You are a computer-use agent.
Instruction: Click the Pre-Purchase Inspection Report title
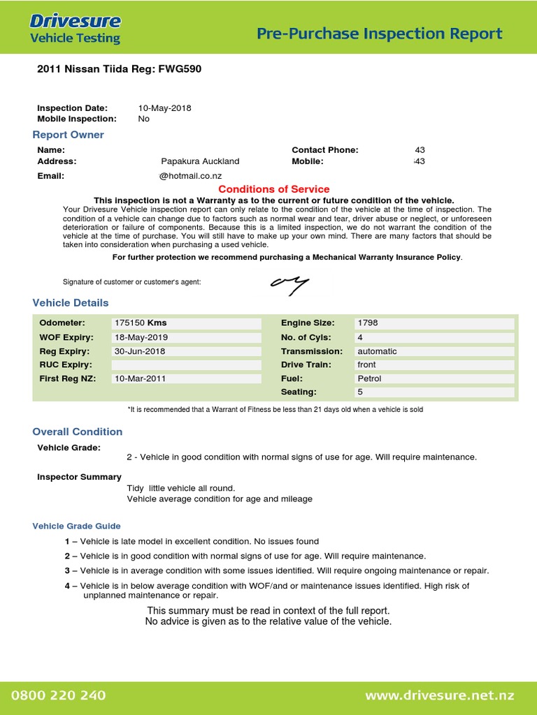tap(380, 34)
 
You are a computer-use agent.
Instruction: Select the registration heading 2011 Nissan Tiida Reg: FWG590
tap(120, 70)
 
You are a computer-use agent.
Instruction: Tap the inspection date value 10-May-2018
tap(164, 108)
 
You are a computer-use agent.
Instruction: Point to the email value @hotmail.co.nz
tap(190, 176)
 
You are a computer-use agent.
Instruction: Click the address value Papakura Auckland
tap(200, 161)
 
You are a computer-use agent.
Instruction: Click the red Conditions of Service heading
tap(273, 189)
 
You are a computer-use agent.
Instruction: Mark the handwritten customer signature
tap(289, 283)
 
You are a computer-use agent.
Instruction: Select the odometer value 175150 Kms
tap(140, 323)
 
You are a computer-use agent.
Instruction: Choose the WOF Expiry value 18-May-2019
tap(141, 337)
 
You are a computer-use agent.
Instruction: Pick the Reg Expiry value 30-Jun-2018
tap(140, 351)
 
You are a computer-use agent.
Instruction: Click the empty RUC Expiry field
tap(186, 364)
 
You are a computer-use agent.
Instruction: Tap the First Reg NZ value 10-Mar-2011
tap(141, 378)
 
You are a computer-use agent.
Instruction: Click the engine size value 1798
tap(367, 323)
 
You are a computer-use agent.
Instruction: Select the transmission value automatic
tap(377, 351)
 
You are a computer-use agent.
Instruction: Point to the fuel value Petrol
tap(369, 378)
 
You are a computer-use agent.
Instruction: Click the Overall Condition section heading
tap(78, 432)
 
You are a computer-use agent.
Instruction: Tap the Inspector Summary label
tap(79, 477)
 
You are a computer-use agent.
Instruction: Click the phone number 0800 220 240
tap(59, 695)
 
